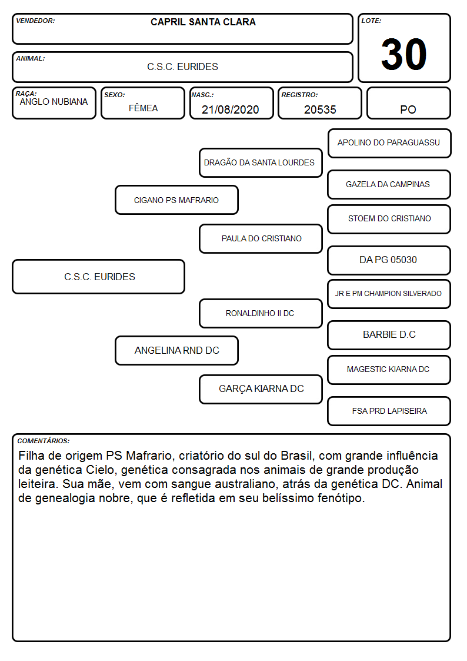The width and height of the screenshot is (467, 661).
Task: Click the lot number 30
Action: (x=403, y=54)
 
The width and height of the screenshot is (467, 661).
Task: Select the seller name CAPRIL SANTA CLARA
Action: (x=203, y=22)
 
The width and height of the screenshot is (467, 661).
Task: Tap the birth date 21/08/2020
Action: (x=231, y=109)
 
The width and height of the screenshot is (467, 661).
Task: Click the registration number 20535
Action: (x=320, y=109)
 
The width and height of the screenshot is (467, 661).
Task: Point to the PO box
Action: (x=408, y=103)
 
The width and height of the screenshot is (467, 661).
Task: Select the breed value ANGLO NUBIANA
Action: (x=54, y=102)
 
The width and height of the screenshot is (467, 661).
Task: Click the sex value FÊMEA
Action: (x=143, y=108)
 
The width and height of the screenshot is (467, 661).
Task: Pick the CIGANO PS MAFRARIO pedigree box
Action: (x=176, y=200)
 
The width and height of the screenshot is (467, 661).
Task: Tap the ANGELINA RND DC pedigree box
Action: (x=176, y=350)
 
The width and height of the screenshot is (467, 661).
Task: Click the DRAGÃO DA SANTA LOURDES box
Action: (x=261, y=162)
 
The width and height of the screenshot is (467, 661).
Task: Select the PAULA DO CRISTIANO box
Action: (x=261, y=238)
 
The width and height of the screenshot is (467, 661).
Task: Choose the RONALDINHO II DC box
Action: (x=261, y=313)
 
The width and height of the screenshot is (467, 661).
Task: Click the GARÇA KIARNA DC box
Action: (x=261, y=389)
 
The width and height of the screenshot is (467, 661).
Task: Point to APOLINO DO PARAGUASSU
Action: (x=389, y=143)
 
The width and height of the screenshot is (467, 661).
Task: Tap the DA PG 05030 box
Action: (x=389, y=260)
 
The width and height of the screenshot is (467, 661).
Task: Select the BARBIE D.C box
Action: (x=389, y=335)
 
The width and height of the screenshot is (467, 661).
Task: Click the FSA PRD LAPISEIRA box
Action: (x=389, y=411)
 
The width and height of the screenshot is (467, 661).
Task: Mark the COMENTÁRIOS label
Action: (x=44, y=441)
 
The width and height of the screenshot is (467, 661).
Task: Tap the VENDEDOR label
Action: (x=35, y=21)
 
